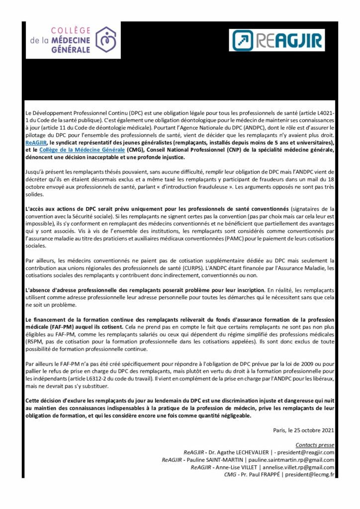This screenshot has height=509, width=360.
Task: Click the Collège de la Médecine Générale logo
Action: point(74,41)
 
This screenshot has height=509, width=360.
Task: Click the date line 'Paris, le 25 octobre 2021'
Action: point(303,430)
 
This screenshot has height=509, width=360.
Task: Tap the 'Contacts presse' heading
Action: point(315,445)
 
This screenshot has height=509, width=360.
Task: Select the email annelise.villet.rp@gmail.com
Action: point(298,468)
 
